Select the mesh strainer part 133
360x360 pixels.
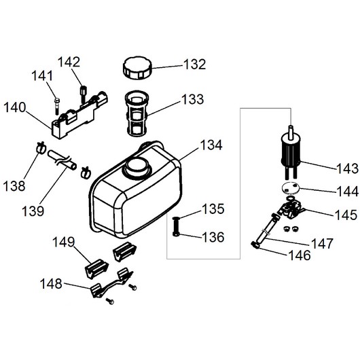click(137, 114)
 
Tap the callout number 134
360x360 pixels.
click(211, 145)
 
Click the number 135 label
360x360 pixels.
click(213, 209)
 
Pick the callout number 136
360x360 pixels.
click(213, 237)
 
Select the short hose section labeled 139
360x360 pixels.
click(62, 160)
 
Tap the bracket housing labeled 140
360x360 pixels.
click(79, 115)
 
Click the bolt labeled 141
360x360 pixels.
click(56, 106)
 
